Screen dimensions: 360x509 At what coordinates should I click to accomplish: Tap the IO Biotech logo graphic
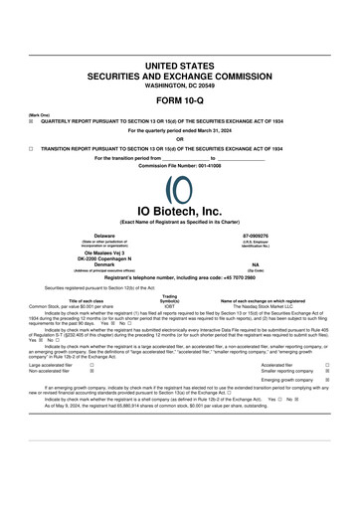179,187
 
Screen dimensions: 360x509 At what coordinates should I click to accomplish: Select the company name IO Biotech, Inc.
179,211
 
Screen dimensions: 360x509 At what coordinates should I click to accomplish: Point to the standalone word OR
179,138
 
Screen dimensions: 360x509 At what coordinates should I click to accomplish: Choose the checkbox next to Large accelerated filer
92,365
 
